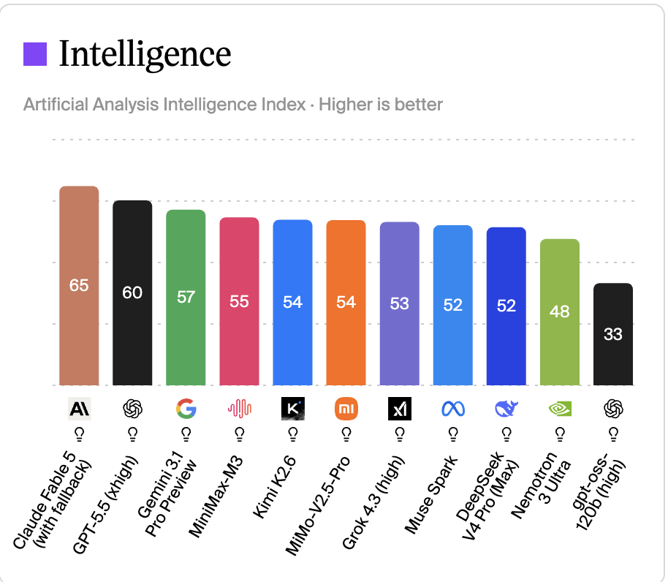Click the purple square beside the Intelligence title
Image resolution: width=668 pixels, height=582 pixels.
point(35,54)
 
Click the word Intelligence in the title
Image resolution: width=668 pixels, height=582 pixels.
point(145,55)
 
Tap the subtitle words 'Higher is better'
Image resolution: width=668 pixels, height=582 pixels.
point(381,105)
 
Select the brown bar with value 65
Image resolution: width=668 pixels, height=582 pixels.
point(79,286)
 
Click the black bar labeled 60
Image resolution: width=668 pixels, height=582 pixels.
point(132,293)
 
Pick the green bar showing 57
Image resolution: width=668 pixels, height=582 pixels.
point(186,298)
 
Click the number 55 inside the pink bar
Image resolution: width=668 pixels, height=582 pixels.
point(240,301)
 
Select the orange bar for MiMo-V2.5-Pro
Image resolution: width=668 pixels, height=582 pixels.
point(346,303)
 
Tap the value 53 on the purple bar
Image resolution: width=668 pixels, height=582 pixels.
point(400,303)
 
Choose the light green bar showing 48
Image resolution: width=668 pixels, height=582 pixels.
point(560,312)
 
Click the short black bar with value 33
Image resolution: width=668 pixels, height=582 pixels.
point(613,334)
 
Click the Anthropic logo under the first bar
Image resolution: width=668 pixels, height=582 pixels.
point(79,409)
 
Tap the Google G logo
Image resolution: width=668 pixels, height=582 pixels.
point(186,409)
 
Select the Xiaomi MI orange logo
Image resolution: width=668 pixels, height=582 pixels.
point(346,409)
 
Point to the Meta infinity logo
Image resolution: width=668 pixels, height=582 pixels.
point(453,409)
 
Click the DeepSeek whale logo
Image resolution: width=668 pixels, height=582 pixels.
point(506,409)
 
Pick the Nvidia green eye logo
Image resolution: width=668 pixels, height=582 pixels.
point(560,409)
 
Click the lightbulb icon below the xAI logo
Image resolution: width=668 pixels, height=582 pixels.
point(400,435)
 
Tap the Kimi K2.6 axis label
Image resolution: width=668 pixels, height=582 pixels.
point(274,487)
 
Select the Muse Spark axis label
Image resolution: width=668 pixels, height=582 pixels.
point(430,495)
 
